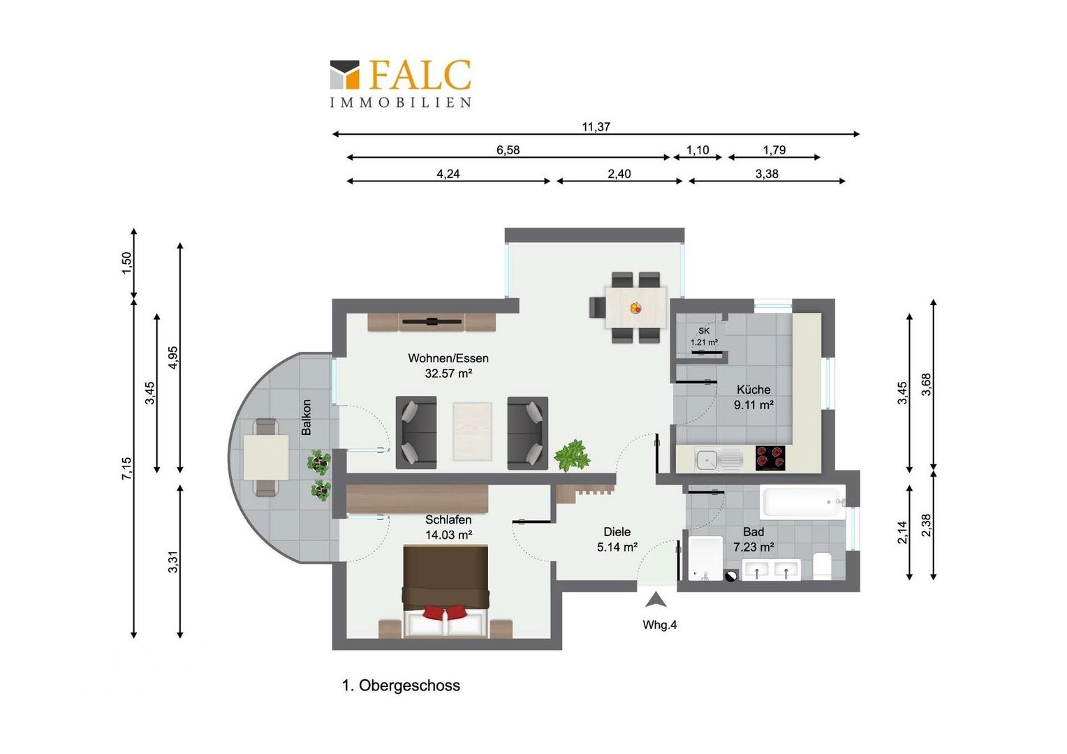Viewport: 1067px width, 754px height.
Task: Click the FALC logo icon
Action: click(x=344, y=74)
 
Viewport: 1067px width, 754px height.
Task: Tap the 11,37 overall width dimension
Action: click(x=596, y=126)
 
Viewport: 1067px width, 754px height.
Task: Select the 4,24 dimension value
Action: click(x=448, y=174)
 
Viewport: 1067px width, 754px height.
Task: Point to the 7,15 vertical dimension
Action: click(x=126, y=468)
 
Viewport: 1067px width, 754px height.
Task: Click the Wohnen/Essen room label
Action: click(x=448, y=358)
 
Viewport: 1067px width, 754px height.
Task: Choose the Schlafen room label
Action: click(x=448, y=519)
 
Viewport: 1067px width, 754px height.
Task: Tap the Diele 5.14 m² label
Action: click(x=617, y=539)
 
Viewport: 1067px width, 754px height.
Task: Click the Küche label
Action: click(x=753, y=390)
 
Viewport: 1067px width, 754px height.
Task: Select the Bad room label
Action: click(x=753, y=531)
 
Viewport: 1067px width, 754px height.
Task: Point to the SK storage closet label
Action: click(x=704, y=331)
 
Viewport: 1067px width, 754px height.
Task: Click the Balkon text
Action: click(x=307, y=417)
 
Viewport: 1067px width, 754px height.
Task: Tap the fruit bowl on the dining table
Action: click(x=635, y=308)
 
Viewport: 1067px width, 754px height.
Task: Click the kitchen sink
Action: click(x=719, y=459)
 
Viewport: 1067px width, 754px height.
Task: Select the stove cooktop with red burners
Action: click(x=770, y=458)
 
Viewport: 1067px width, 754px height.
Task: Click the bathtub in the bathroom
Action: click(x=802, y=502)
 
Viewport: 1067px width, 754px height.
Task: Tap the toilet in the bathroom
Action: click(x=822, y=566)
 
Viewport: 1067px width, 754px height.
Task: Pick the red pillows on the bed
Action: click(x=445, y=612)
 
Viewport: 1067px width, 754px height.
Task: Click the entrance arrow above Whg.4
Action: click(x=656, y=600)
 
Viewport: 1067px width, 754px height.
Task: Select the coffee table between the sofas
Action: click(x=472, y=431)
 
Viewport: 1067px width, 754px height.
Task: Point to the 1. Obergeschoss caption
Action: click(x=401, y=686)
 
